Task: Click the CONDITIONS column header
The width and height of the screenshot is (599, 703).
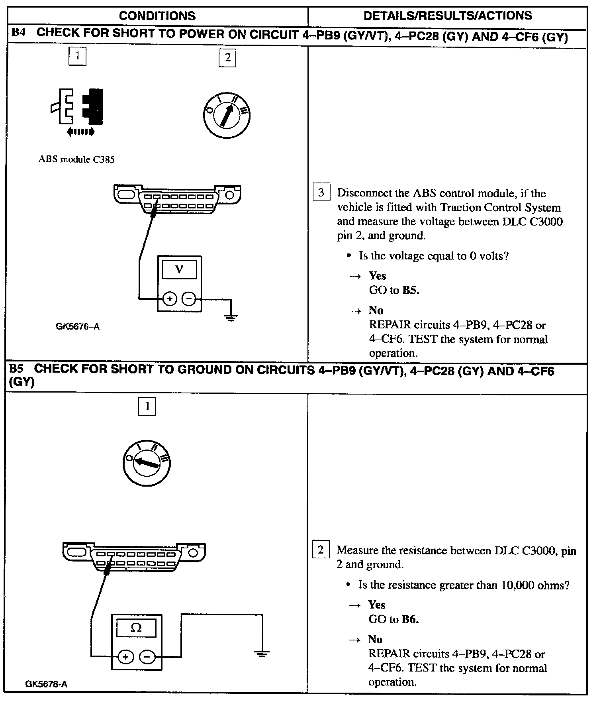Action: pos(157,16)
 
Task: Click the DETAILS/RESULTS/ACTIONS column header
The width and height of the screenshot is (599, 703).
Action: pos(448,16)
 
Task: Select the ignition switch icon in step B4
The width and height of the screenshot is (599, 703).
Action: pos(226,115)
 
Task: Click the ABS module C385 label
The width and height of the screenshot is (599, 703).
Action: pos(76,159)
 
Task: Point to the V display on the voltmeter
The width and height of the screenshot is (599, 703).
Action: pos(179,270)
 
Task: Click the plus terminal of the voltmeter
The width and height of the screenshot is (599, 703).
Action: pos(170,298)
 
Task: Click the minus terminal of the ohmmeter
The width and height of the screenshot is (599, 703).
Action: pos(147,656)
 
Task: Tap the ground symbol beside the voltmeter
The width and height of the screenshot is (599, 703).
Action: pos(230,317)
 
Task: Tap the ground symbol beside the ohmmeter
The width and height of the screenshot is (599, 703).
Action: pos(261,654)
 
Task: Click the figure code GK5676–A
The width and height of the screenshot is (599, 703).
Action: pos(78,327)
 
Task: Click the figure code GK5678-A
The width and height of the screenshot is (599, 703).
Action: pos(46,684)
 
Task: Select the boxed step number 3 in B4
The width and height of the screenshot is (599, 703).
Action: pos(321,193)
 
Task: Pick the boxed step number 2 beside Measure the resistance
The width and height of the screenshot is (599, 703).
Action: pos(321,550)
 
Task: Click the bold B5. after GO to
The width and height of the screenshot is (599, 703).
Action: pos(411,290)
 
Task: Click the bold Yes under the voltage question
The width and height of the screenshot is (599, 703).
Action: pos(377,276)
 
